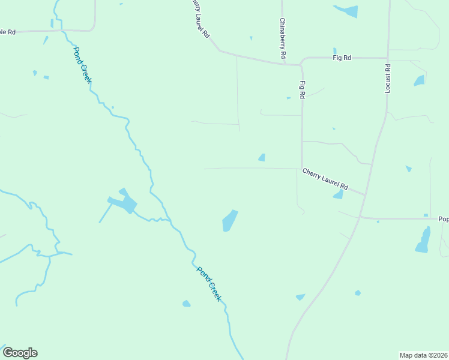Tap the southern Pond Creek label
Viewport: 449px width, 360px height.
pos(209,283)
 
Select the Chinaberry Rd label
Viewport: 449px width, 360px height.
pos(282,38)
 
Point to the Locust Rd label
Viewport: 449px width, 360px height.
pos(388,78)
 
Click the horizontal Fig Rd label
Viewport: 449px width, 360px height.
pos(342,58)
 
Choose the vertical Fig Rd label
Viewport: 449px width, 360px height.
pos(303,89)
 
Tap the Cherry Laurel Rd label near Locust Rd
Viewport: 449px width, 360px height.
pos(325,179)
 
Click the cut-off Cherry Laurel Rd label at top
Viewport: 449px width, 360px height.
pos(200,19)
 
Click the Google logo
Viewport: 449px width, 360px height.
pos(20,353)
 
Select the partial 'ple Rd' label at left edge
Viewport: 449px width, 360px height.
pos(8,32)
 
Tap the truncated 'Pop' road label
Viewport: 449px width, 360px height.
pos(443,219)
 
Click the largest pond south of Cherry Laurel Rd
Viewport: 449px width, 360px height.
pos(229,221)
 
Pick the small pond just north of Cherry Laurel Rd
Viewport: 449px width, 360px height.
pos(262,158)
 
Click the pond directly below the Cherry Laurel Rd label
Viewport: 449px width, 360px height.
pos(339,194)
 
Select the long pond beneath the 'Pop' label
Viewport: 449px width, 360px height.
pos(424,240)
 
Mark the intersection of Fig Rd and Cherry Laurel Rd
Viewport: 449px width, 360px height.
pos(301,169)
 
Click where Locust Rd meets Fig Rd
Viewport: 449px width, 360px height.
pos(388,58)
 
